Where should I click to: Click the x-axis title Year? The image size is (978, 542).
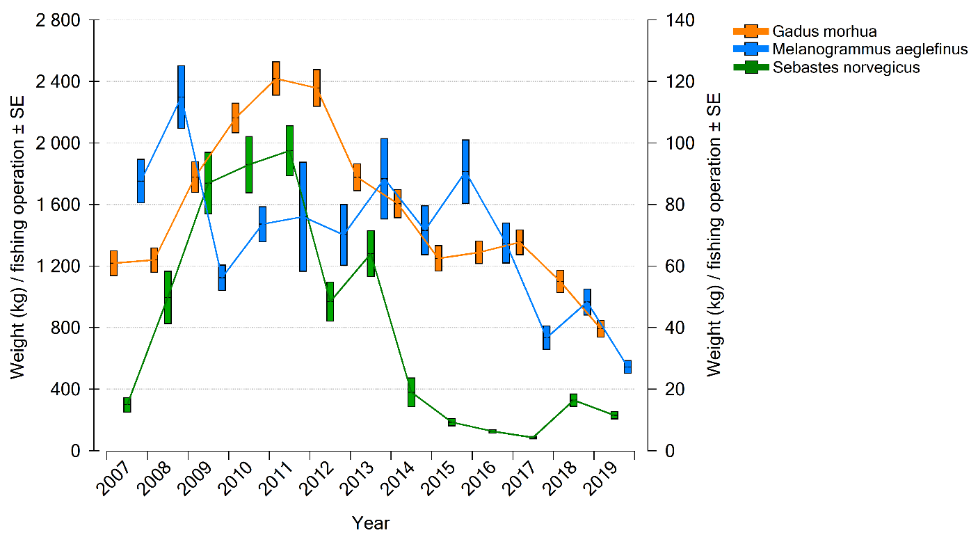click(x=371, y=523)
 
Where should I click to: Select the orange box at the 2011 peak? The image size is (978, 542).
click(x=276, y=78)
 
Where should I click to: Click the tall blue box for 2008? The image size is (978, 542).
click(x=182, y=97)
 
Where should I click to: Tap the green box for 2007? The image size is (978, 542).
click(x=127, y=404)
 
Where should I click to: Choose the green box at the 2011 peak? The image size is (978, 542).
click(x=289, y=150)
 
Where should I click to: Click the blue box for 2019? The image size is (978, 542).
click(x=627, y=367)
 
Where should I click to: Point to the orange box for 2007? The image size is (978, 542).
click(x=113, y=263)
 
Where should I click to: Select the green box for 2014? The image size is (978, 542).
click(x=411, y=392)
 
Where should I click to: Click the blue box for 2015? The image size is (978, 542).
click(x=465, y=171)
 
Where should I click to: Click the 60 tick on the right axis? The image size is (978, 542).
click(x=668, y=266)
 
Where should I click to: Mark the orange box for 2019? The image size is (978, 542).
click(x=600, y=328)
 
